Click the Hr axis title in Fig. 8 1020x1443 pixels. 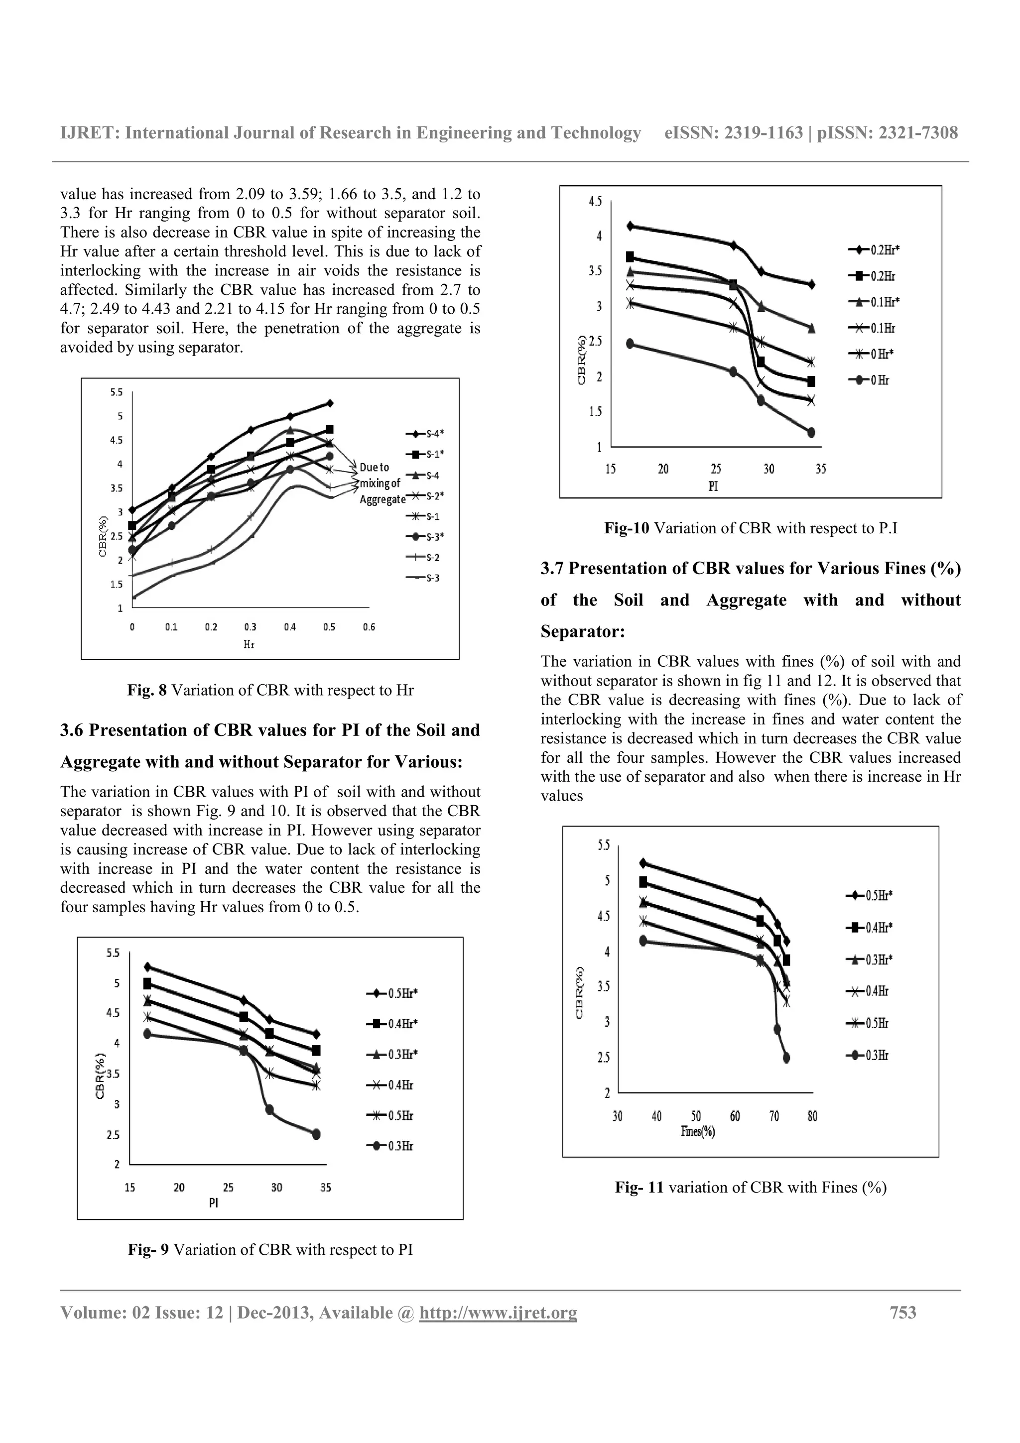coord(249,645)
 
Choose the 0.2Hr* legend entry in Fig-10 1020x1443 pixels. coord(874,250)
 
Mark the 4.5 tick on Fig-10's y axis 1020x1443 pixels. coord(595,202)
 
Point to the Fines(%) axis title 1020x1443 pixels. coord(698,1132)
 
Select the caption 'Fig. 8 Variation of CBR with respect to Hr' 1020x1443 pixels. coord(270,690)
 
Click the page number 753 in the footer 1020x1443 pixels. coord(903,1312)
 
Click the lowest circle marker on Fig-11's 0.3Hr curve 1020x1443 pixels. coord(786,1058)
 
